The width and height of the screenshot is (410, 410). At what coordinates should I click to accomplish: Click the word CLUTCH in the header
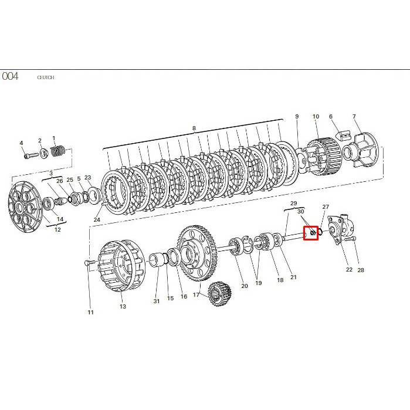(x=46, y=77)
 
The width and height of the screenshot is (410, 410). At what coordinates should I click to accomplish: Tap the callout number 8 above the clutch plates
(x=193, y=128)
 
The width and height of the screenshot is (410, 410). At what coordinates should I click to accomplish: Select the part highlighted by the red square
(x=310, y=233)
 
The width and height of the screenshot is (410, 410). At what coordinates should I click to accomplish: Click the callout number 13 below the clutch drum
(x=123, y=306)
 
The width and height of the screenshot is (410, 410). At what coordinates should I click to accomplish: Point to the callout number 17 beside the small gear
(x=196, y=295)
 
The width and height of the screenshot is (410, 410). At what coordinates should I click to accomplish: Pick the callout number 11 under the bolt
(x=91, y=312)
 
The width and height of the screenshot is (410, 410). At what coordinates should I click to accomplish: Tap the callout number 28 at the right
(x=361, y=270)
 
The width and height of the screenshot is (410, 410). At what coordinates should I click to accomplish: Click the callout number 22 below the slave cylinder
(x=349, y=270)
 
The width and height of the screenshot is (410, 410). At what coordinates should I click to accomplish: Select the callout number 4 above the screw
(x=22, y=143)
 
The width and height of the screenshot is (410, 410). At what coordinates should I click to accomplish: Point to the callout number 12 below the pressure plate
(x=57, y=230)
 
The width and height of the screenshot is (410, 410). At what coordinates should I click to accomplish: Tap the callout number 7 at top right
(x=354, y=117)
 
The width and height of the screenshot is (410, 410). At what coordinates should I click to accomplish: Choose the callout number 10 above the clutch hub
(x=316, y=117)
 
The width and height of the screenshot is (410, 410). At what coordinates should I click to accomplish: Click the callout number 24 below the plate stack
(x=97, y=221)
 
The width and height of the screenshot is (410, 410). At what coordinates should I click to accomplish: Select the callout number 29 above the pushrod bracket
(x=294, y=203)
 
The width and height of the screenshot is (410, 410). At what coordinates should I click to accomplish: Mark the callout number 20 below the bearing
(x=244, y=286)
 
